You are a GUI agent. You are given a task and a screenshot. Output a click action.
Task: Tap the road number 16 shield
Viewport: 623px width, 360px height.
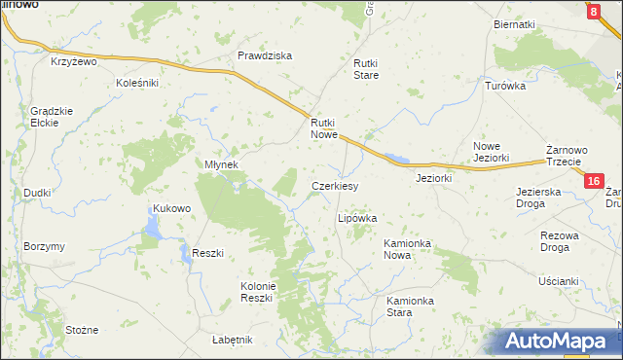coord(595,181)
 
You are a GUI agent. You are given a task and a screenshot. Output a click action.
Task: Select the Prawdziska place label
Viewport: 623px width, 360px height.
coord(265,55)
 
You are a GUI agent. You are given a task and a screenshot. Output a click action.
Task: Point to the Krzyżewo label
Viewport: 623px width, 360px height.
coord(76,61)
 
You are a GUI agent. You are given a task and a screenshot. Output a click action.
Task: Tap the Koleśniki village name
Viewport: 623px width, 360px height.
coord(137,84)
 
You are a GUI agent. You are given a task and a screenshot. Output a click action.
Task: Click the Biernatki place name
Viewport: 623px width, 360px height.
coord(515,24)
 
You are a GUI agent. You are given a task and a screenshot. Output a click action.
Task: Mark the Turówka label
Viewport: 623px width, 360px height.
coord(505,86)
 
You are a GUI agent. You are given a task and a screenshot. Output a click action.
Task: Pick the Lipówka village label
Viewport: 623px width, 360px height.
coord(356,219)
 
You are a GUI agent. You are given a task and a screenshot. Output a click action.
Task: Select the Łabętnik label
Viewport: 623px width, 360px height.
coord(232,339)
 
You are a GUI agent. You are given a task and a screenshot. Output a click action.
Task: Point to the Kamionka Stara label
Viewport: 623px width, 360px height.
coord(412,307)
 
